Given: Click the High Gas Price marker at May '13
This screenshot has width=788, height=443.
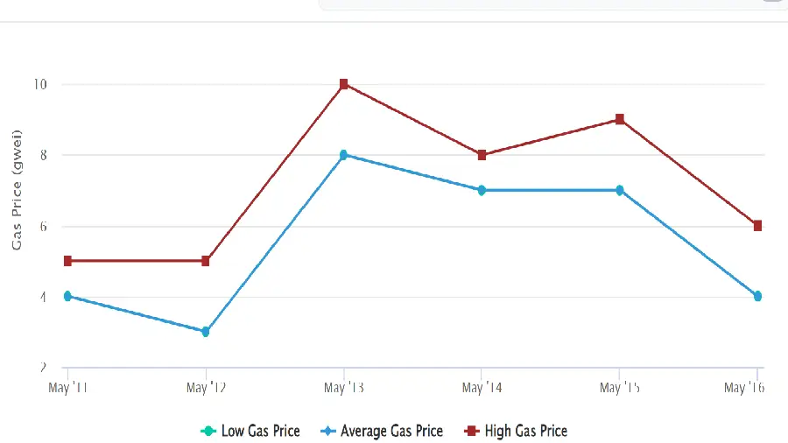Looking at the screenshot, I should pos(344,84).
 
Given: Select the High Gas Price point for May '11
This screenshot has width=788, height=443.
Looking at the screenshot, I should pos(67,261).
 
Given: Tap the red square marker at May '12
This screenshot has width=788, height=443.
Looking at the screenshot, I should pos(206,261).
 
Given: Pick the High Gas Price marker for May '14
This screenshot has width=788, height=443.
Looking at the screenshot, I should pos(482,155).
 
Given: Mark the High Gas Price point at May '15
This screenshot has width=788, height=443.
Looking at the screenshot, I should pos(620,119).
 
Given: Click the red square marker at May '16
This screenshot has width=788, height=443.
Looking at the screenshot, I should pos(757,226).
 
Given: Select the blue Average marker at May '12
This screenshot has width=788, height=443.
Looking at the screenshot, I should pos(206,332).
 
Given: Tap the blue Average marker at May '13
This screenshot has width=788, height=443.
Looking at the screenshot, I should pos(344,155).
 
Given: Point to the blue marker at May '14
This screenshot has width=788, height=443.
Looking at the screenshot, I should pos(482,190).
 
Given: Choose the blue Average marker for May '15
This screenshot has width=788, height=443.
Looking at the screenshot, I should pos(620,190).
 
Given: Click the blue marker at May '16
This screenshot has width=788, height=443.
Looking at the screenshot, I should pos(757,296).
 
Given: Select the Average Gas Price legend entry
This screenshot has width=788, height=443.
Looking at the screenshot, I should pos(383,431).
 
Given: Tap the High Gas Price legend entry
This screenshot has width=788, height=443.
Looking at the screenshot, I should pos(517,431).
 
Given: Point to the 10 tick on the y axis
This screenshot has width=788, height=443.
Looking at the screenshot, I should pos(40,84).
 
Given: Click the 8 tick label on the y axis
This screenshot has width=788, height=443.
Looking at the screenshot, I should pos(41,155).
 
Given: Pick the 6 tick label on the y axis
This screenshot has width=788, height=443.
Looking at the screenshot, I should pos(41,226).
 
